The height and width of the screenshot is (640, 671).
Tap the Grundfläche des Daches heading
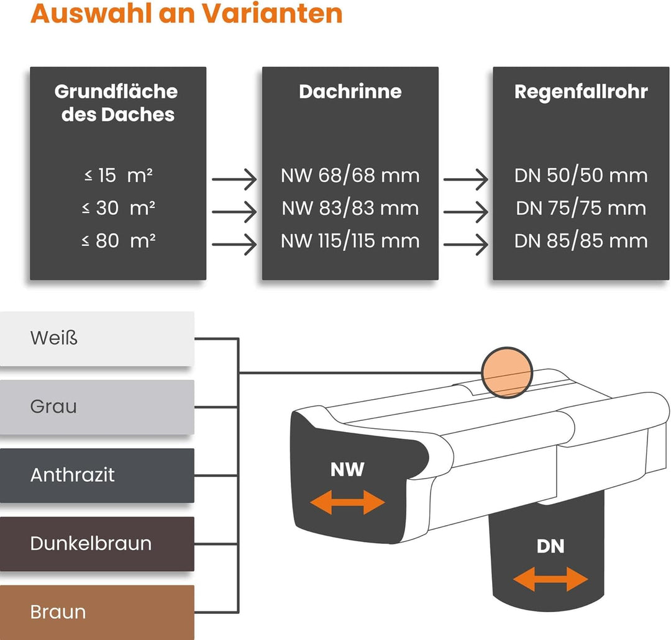coord(117,103)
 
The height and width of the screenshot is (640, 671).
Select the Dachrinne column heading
coord(350,91)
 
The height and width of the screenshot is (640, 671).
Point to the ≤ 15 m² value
coord(118,176)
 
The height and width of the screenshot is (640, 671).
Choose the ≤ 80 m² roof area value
coord(118,241)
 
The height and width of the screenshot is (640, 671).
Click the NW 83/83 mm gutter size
coord(350,209)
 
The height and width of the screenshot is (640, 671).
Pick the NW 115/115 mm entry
coord(350,241)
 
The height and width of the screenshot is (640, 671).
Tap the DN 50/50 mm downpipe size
coord(581,176)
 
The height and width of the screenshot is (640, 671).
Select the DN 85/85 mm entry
coord(581,241)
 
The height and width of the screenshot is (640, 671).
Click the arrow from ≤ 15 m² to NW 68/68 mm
coord(234,179)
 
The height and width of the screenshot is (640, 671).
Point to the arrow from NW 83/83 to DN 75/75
coord(466,212)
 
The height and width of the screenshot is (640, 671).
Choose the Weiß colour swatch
coord(97,338)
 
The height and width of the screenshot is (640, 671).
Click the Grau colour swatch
coord(97,407)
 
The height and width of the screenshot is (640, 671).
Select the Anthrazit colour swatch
coord(97,475)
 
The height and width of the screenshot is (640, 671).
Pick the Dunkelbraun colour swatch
coord(97,544)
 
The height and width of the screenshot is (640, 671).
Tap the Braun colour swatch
coord(97,612)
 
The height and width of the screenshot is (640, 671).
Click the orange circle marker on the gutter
coord(507,372)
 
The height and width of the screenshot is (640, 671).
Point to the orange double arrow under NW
coord(347,502)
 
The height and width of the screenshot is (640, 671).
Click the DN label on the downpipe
coord(550,546)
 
